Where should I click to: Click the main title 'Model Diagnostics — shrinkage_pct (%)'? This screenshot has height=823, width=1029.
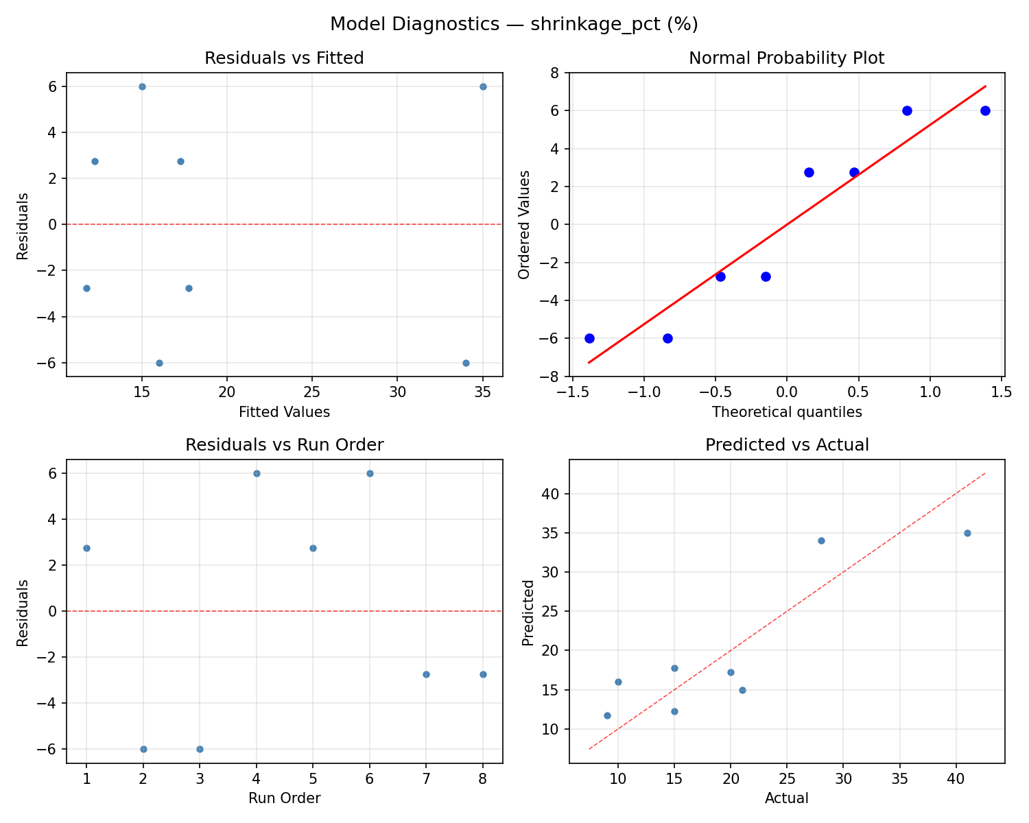click(514, 24)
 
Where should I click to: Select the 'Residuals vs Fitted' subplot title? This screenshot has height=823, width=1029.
click(284, 58)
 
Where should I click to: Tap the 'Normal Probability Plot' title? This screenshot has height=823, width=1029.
click(786, 58)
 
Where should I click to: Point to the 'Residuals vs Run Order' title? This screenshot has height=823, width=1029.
click(284, 445)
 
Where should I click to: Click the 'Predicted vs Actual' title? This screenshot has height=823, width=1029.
click(786, 445)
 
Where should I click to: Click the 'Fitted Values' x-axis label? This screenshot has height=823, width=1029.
click(284, 412)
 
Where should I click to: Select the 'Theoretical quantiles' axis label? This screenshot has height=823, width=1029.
click(786, 412)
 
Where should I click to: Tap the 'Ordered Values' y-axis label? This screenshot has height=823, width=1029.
click(525, 224)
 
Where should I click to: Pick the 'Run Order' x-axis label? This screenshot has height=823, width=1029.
click(284, 798)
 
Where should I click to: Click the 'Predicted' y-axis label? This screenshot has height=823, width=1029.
click(528, 612)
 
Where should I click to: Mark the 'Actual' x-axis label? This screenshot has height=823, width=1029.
click(786, 798)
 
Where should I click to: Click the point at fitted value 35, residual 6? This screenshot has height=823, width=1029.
click(483, 86)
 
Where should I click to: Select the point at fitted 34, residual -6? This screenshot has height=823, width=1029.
click(466, 363)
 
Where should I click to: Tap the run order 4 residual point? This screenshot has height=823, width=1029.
click(257, 473)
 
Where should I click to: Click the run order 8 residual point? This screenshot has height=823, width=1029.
click(483, 674)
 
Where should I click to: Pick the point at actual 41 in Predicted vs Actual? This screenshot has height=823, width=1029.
click(967, 533)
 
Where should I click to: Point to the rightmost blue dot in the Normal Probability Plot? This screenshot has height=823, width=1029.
click(985, 110)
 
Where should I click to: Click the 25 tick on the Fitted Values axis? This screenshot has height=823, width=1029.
click(312, 392)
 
